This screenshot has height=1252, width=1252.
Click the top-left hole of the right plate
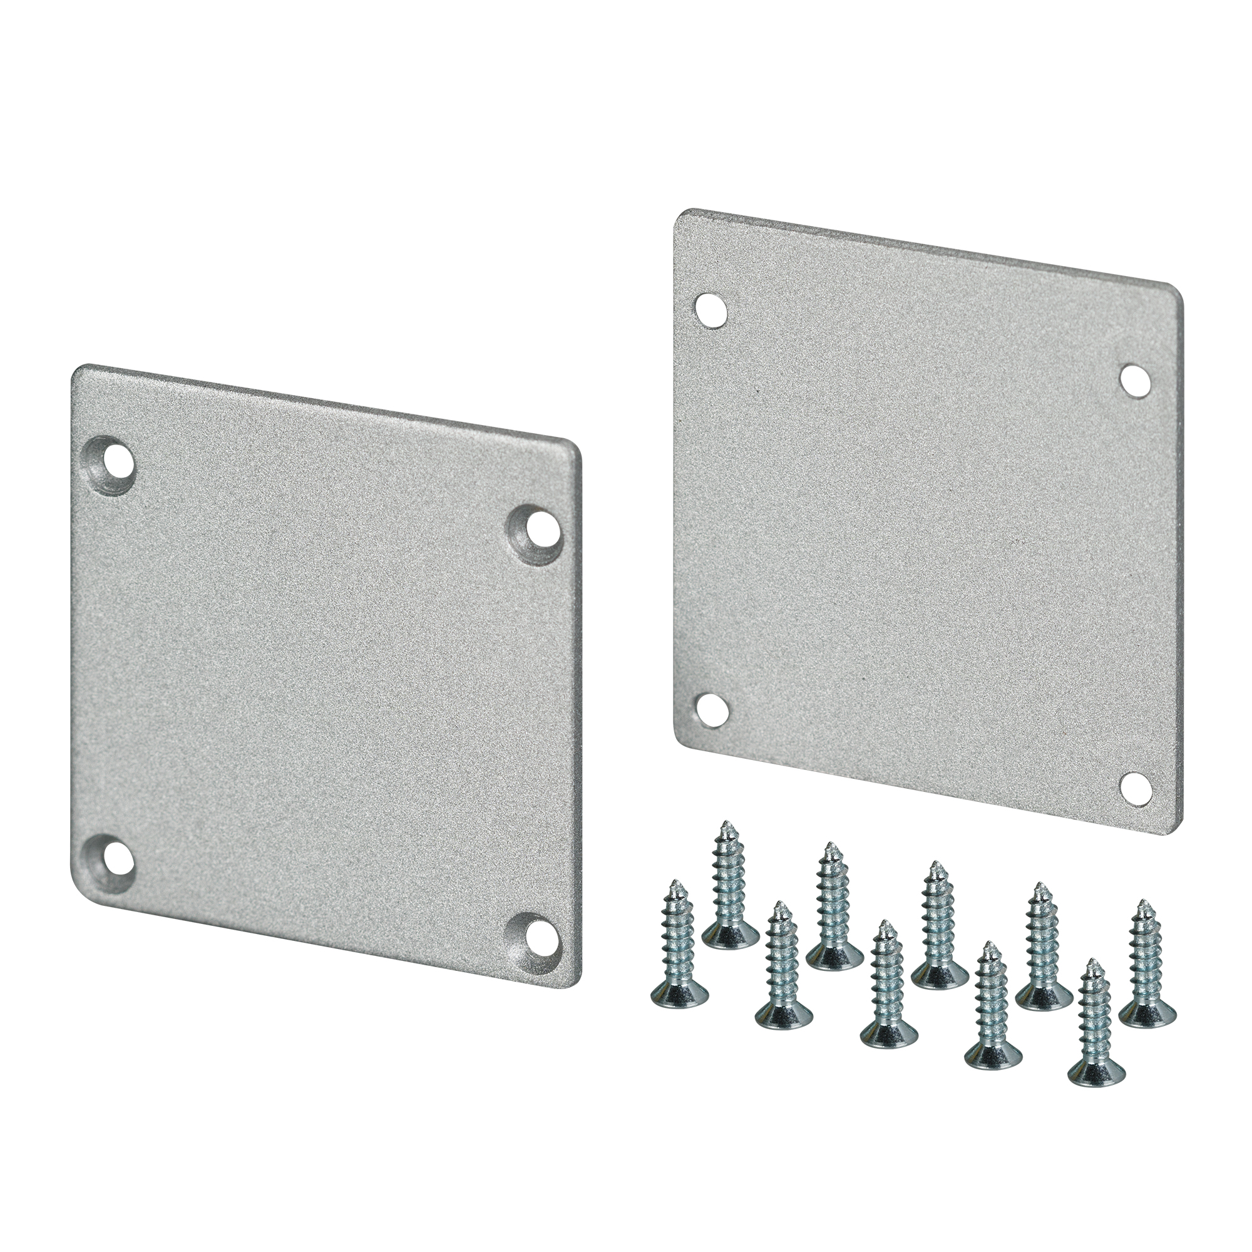tap(711, 311)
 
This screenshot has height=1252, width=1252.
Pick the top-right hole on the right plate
tap(1136, 380)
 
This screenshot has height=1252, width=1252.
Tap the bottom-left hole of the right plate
tap(711, 711)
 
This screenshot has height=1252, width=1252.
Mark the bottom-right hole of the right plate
tap(1136, 788)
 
